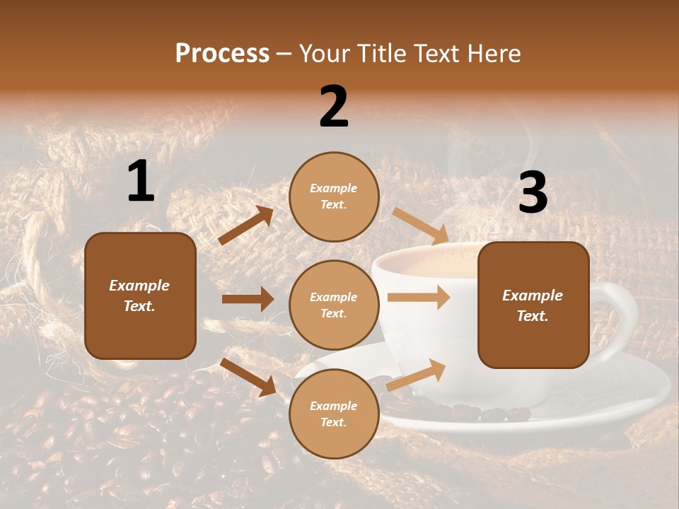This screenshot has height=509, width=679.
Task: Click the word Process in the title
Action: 222,54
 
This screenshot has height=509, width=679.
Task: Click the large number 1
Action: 141,182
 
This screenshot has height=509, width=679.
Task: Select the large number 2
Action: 334,106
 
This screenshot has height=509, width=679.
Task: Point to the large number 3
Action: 533,192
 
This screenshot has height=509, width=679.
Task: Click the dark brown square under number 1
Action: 140,296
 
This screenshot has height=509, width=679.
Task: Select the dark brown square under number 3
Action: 533,305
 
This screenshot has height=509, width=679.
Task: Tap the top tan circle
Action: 334,196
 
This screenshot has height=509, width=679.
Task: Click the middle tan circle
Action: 334,305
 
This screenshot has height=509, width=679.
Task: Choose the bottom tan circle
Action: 334,414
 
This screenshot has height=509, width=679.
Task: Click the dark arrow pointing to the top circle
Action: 246,226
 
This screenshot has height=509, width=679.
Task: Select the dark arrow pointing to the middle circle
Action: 248,299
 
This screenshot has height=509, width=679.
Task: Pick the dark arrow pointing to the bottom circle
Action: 248,377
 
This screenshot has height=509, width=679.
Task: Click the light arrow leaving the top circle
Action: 420,226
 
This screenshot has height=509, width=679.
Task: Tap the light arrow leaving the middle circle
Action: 419,298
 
